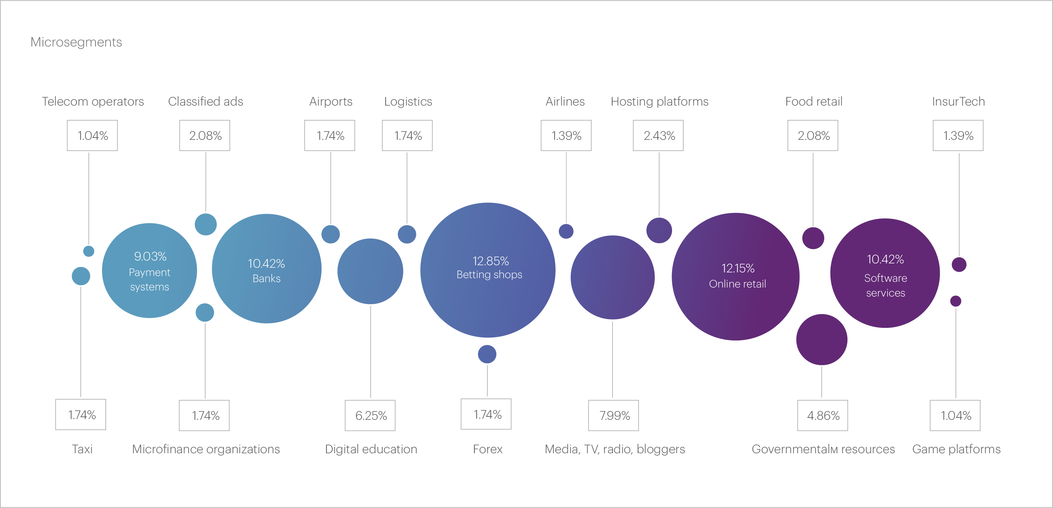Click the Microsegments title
76,42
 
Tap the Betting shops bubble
488,270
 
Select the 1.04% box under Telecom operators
92,135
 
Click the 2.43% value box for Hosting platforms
658,135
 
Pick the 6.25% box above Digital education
370,415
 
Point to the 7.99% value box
613,415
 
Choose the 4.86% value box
822,415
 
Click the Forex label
487,449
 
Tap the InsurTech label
958,101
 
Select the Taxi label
82,449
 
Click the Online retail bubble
736,276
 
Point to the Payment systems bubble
149,270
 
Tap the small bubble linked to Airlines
566,231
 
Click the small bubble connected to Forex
487,354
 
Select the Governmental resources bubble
822,339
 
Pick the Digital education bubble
370,271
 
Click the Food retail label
813,101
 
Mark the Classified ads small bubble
206,224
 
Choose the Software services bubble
885,273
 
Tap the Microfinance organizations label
206,449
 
